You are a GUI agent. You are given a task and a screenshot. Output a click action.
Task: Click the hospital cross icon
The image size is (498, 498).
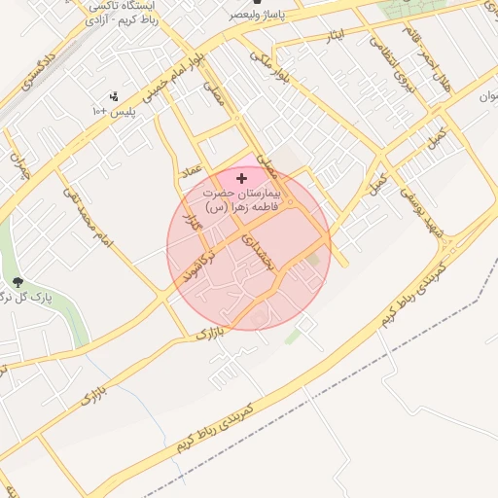tap(242, 178)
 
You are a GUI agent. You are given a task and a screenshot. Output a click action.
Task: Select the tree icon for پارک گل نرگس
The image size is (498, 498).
tap(17, 282)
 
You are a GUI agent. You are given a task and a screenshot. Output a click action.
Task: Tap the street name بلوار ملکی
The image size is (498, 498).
tap(269, 66)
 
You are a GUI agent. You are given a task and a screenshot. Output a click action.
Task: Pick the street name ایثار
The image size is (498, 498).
tap(338, 35)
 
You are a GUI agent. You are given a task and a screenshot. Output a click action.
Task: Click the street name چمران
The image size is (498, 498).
tap(20, 165)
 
